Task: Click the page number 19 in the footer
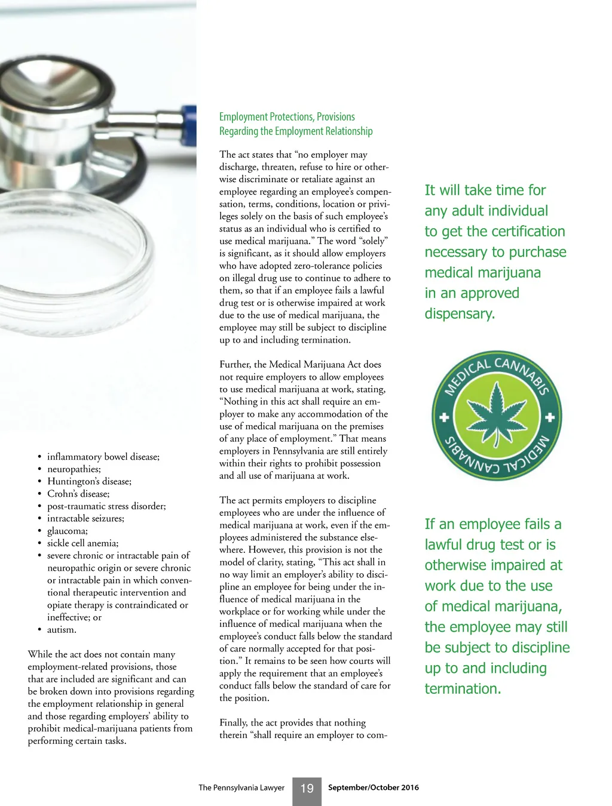(307, 789)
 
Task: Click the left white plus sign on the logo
(444, 417)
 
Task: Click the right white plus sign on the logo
(550, 417)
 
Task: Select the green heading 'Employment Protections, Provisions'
(287, 117)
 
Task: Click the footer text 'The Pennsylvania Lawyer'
(241, 787)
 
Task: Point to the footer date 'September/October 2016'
(374, 787)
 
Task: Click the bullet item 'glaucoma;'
(68, 531)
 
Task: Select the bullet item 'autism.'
(62, 629)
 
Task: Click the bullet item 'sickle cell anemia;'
(83, 543)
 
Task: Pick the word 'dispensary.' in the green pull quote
(460, 313)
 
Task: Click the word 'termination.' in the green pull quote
(463, 688)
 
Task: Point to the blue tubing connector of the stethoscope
(189, 125)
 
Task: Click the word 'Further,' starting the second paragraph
(235, 364)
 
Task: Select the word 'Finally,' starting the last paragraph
(234, 722)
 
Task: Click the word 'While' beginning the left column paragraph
(40, 654)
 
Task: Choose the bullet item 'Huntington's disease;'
(90, 481)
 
